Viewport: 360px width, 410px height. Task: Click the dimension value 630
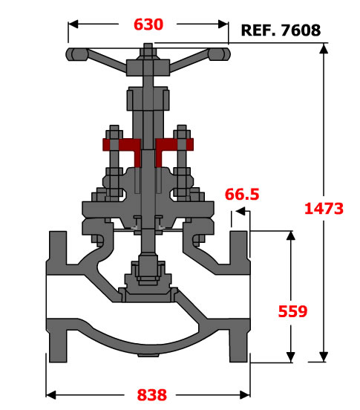coord(148,25)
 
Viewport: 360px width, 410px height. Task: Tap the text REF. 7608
coord(281,30)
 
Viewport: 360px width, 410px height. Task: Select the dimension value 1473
coord(324,209)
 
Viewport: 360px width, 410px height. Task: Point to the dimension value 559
coord(292,311)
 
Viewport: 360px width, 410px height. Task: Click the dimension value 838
coord(152,395)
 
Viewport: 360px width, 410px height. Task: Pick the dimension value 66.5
coord(242,195)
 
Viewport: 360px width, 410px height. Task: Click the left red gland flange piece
coord(122,149)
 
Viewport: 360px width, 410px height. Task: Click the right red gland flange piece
coord(174,149)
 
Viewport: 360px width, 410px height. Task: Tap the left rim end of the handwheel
coord(76,54)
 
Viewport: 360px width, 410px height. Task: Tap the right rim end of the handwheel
coord(219,54)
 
